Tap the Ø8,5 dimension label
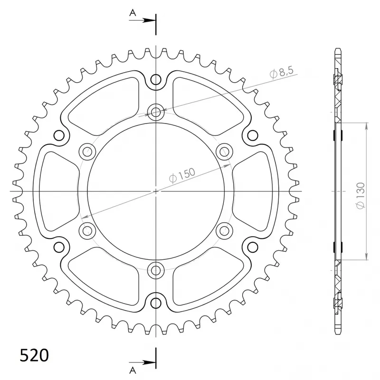282,73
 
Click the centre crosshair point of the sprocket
156,191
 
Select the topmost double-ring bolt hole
156,113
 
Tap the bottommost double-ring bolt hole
156,270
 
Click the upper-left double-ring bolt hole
87,152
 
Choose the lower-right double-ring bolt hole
224,231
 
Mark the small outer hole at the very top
156,80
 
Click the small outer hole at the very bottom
156,302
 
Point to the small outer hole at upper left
59,136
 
